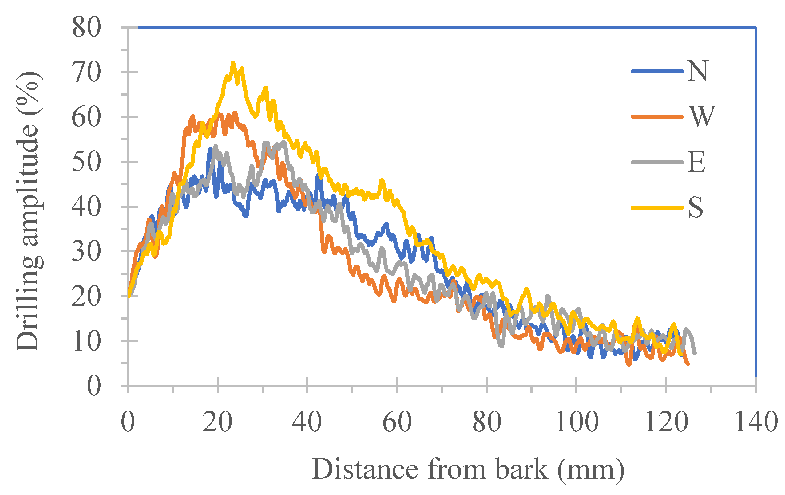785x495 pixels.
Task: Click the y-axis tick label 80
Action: (86, 28)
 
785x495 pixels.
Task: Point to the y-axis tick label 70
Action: (86, 73)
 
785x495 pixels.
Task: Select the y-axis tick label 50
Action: (86, 162)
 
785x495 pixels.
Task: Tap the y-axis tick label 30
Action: (86, 251)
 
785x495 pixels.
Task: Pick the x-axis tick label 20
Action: (217, 422)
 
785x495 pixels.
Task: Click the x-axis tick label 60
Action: (397, 422)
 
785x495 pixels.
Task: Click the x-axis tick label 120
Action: (666, 422)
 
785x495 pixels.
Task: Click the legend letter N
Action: (697, 71)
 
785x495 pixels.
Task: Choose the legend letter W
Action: (702, 116)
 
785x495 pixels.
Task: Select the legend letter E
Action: (697, 162)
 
